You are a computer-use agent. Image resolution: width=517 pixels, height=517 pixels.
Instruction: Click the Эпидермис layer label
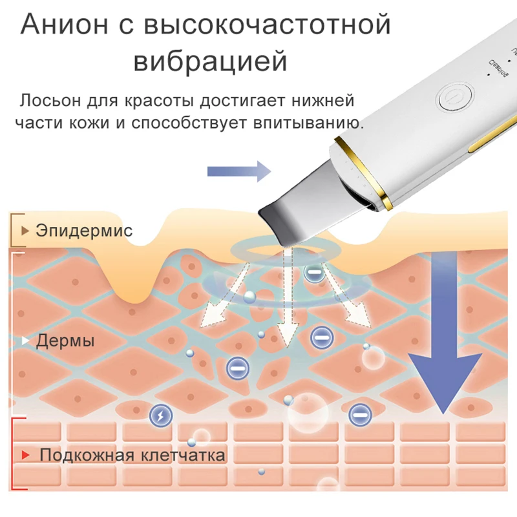tap(84, 230)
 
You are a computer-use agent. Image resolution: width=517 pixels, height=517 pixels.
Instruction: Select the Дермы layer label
tap(65, 341)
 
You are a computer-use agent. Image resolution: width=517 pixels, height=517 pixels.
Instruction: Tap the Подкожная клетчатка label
tap(132, 455)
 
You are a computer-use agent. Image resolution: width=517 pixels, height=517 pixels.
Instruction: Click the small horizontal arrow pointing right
tap(238, 171)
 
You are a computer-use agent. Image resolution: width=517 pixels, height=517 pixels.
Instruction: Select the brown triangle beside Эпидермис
tap(25, 230)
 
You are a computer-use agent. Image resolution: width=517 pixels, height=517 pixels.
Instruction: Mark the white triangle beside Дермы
tap(26, 340)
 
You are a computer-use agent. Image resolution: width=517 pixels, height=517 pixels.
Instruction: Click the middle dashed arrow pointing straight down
tap(288, 304)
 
